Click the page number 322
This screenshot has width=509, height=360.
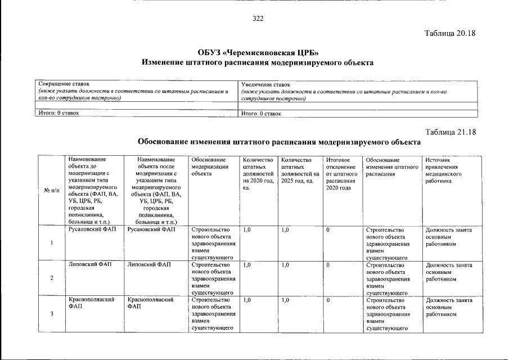(x=258, y=19)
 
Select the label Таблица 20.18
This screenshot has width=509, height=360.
(x=450, y=33)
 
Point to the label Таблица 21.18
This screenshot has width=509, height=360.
(x=450, y=132)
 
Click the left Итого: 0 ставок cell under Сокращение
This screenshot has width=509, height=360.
(x=58, y=113)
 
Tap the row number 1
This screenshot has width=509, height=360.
(x=52, y=244)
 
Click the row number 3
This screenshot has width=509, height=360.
(x=52, y=314)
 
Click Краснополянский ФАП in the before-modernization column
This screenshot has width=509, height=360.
(x=92, y=304)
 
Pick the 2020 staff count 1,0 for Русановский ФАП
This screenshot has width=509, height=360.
(x=247, y=230)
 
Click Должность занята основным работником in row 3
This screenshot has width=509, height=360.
(x=449, y=307)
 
